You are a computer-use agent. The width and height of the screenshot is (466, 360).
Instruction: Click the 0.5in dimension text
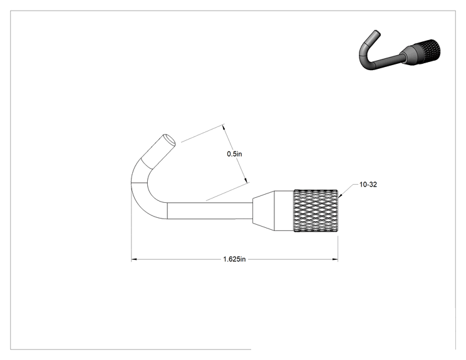tap(234, 154)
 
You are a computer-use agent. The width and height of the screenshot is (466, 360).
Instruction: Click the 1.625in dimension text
tap(234, 259)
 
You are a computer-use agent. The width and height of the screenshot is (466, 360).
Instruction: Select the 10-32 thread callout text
tap(368, 185)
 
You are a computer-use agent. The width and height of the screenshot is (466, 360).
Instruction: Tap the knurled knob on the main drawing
tap(316, 210)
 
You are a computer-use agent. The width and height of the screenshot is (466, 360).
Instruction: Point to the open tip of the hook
tap(169, 140)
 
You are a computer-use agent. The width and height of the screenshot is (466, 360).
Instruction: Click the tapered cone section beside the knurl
tap(263, 210)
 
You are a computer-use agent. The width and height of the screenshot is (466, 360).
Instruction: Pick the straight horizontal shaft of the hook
tap(210, 211)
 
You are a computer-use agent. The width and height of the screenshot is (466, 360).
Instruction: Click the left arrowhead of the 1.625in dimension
tap(134, 259)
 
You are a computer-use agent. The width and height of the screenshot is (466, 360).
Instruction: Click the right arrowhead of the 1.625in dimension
tap(335, 259)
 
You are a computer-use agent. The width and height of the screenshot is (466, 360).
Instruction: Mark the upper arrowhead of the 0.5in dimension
tap(224, 127)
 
